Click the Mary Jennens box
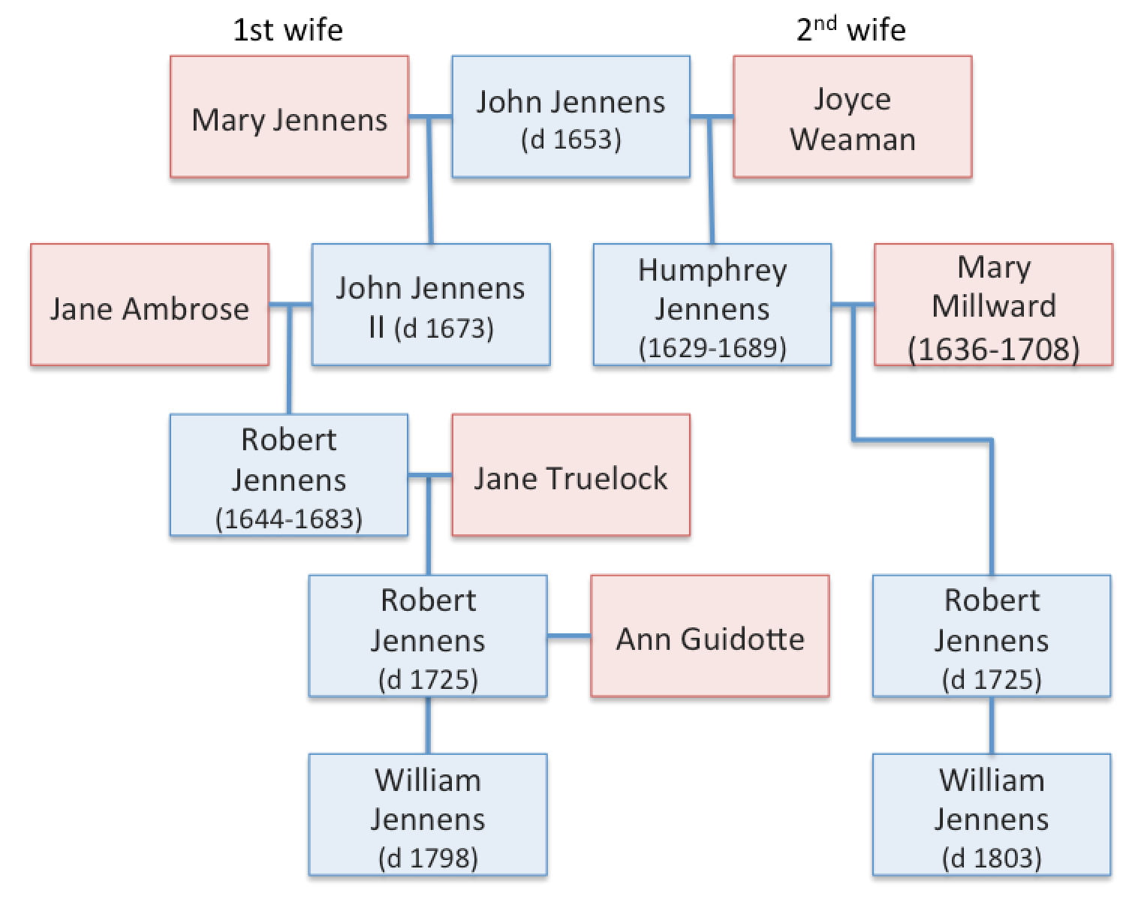[x=289, y=117]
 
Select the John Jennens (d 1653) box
[x=570, y=117]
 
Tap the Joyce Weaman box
[x=852, y=117]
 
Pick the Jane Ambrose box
[x=149, y=305]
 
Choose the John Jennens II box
[x=431, y=305]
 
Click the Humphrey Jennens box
[x=712, y=305]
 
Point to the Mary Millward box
[x=993, y=305]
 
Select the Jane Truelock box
[x=570, y=475]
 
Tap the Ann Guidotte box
[x=709, y=636]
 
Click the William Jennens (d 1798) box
[x=428, y=815]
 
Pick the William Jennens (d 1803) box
[x=991, y=815]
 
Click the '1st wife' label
[x=288, y=30]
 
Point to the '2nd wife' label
[x=850, y=30]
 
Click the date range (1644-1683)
[x=289, y=519]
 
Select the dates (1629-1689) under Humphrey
[x=712, y=348]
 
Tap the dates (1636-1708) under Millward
[x=993, y=350]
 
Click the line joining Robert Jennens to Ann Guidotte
[x=568, y=636]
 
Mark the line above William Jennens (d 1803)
[x=991, y=725]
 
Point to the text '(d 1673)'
[x=444, y=329]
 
